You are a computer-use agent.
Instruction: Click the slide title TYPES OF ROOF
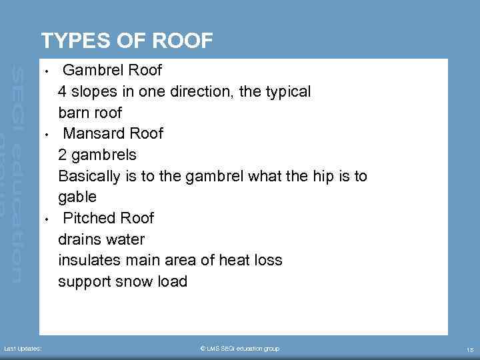pos(127,41)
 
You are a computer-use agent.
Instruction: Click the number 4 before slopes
pos(63,91)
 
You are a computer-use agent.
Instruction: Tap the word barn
pos(73,112)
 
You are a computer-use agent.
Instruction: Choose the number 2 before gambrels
pos(63,155)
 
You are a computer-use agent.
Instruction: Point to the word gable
pos(77,197)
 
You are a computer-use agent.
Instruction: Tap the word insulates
pos(89,260)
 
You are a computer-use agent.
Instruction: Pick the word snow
pos(132,281)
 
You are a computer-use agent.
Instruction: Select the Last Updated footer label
pos(23,349)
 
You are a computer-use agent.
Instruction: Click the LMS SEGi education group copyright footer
pos(239,349)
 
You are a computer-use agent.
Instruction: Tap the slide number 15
pos(469,349)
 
